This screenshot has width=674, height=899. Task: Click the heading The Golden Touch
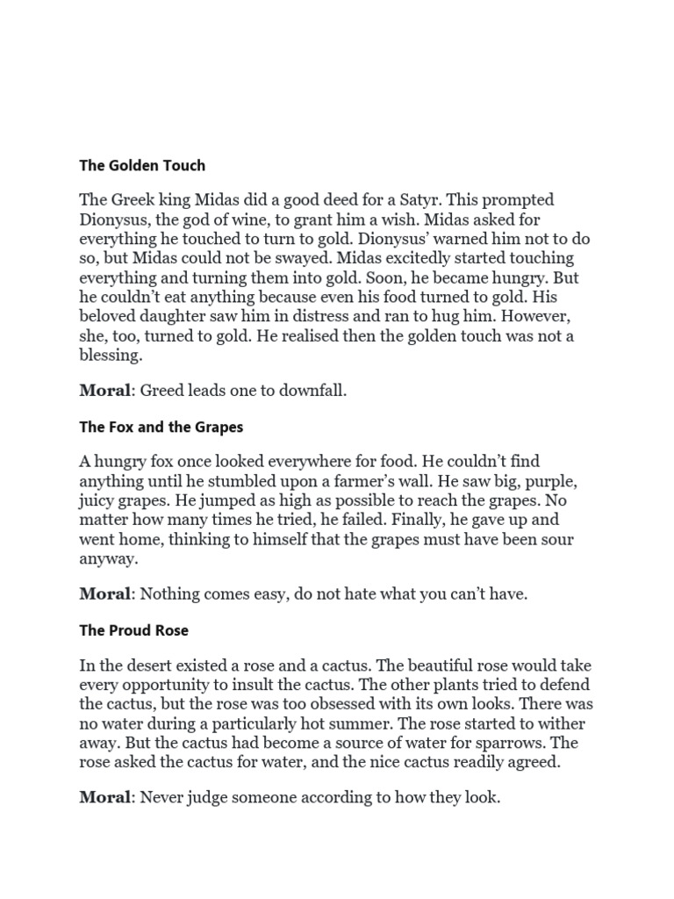tap(142, 164)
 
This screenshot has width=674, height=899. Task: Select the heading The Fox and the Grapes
tap(161, 427)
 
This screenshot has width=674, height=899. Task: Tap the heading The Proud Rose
tap(133, 630)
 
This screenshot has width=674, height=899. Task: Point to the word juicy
tap(98, 501)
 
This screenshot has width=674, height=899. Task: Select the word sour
tap(534, 540)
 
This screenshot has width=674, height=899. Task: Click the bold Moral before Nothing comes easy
tap(104, 594)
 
